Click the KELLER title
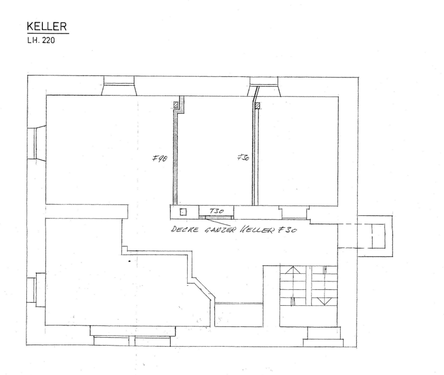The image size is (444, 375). (47, 26)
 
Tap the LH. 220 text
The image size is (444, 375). (41, 40)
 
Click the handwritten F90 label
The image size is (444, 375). (160, 159)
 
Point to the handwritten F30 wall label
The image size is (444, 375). (243, 158)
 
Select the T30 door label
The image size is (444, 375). (217, 211)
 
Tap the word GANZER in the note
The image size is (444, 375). (220, 229)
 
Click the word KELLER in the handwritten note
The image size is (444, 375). (257, 229)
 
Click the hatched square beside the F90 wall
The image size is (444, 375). (176, 105)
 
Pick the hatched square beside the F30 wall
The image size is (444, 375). (257, 105)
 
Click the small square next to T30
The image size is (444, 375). (183, 212)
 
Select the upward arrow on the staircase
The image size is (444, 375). (293, 270)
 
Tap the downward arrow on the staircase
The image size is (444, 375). (323, 301)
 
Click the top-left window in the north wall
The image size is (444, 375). (119, 85)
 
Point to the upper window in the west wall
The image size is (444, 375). (37, 144)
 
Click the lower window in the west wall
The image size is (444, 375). (36, 290)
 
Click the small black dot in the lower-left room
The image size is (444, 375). (130, 261)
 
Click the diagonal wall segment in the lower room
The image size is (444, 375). (204, 288)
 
